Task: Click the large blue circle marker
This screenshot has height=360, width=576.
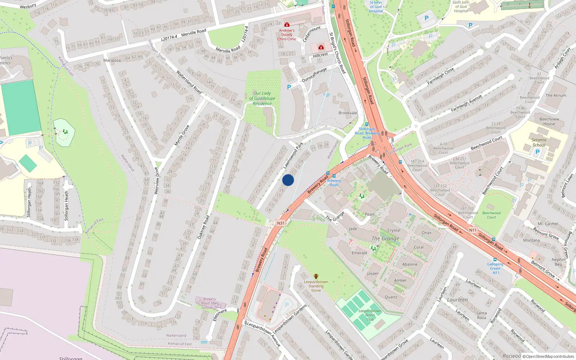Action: pos(288,180)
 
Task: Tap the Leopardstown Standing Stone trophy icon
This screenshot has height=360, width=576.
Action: pos(316,276)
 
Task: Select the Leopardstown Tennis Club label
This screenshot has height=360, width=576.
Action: pos(370,315)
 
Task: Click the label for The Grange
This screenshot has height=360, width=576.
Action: pos(385,238)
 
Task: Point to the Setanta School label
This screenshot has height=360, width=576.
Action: pos(539,142)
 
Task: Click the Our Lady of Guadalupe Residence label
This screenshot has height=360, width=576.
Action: pos(262,98)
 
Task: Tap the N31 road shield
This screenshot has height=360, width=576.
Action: pos(281,223)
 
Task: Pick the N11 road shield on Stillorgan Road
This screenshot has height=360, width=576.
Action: pos(473,230)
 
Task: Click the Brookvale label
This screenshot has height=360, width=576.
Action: pos(348,113)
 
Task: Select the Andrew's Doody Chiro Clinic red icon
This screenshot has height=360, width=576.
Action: pos(287,24)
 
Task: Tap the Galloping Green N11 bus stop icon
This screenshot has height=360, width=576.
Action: pos(495,260)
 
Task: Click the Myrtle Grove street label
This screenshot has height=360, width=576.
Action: pos(182,135)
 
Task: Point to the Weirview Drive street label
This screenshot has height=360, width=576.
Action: pos(157,181)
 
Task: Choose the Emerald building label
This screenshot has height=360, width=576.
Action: pos(359,253)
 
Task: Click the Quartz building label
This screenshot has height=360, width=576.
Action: pos(391,297)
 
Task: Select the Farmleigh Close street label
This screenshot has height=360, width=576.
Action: pos(440,76)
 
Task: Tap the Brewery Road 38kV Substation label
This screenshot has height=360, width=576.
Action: pos(210,303)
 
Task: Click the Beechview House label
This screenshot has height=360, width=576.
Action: pos(549,121)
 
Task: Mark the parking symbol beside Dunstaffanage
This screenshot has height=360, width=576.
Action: pos(289,87)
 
